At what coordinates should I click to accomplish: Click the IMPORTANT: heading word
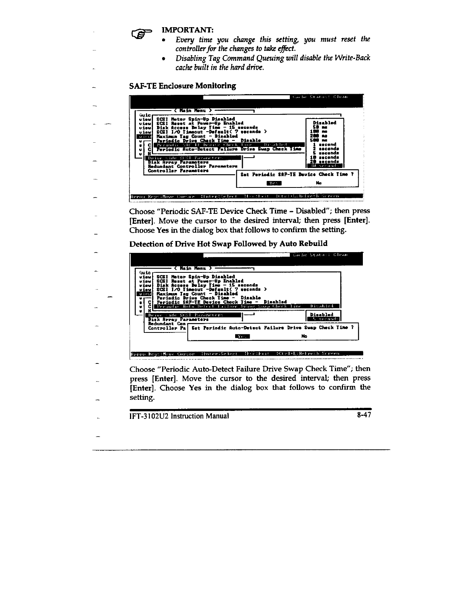pyautogui.click(x=188, y=29)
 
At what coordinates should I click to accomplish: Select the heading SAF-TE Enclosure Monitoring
pyautogui.click(x=183, y=85)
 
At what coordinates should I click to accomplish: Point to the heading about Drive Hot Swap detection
pyautogui.click(x=228, y=244)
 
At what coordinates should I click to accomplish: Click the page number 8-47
pyautogui.click(x=362, y=415)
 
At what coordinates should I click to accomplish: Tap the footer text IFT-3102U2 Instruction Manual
pyautogui.click(x=179, y=416)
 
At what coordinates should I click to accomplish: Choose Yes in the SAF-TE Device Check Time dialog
pyautogui.click(x=273, y=183)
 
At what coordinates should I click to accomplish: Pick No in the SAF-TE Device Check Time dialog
pyautogui.click(x=319, y=183)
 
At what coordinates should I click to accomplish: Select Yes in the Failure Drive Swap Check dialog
pyautogui.click(x=242, y=336)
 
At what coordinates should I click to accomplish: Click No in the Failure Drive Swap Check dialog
pyautogui.click(x=304, y=336)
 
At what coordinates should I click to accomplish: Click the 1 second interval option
pyautogui.click(x=324, y=145)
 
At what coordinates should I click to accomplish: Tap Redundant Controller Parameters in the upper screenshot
pyautogui.click(x=192, y=166)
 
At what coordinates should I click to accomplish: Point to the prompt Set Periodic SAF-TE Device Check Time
pyautogui.click(x=297, y=174)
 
